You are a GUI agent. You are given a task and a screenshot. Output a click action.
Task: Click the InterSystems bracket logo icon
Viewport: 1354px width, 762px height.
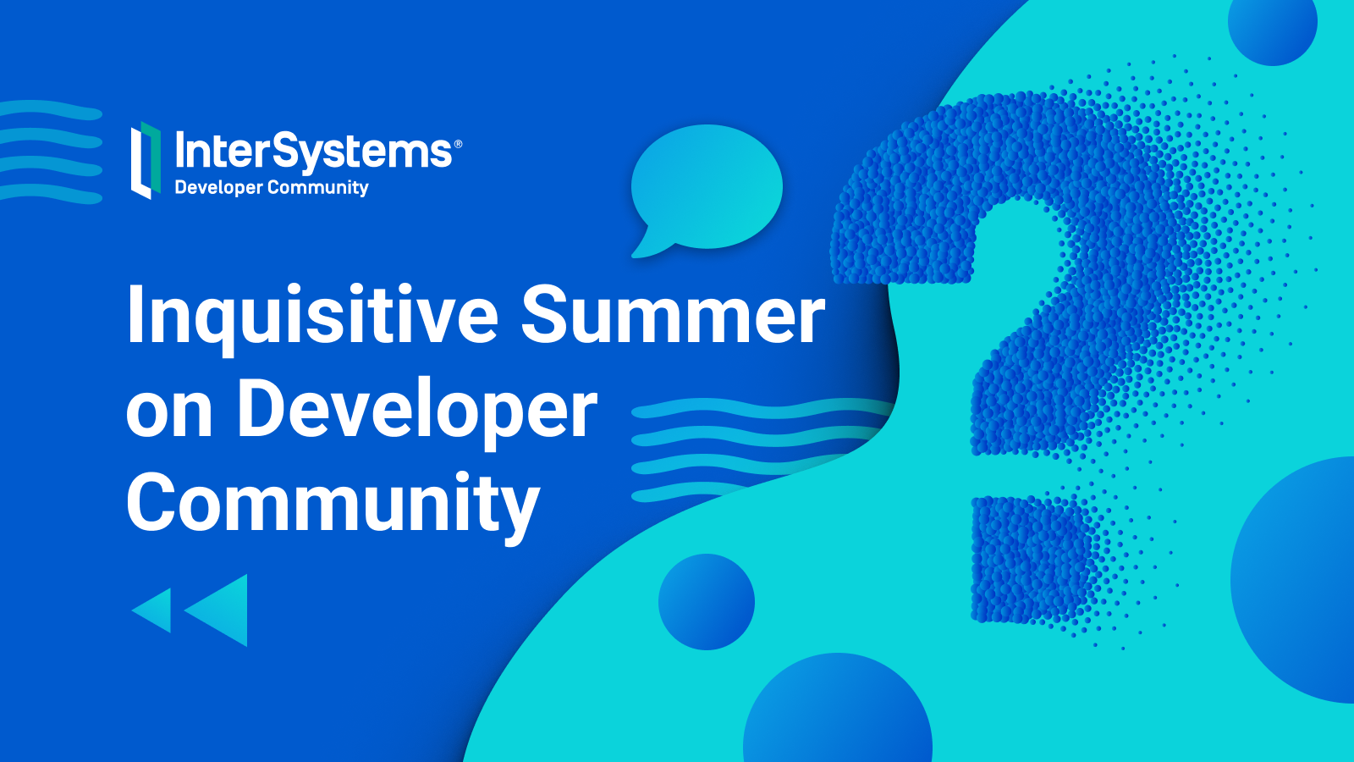tap(146, 160)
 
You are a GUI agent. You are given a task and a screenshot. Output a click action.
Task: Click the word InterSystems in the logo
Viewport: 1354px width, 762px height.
tap(313, 151)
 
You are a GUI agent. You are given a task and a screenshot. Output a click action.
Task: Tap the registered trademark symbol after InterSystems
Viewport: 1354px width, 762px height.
tap(458, 144)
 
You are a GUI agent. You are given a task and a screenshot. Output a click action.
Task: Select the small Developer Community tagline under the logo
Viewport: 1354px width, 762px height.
tap(272, 187)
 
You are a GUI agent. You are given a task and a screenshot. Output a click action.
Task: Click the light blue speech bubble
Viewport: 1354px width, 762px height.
tap(707, 189)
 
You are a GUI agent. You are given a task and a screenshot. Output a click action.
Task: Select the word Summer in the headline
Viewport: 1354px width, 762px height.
tap(673, 314)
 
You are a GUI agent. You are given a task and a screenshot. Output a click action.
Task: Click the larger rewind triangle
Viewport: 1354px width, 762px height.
tap(217, 610)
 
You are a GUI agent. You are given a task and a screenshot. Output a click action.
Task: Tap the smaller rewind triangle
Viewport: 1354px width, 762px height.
tap(153, 610)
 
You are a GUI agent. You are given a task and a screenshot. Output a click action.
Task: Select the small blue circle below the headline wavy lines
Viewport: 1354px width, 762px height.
tap(707, 602)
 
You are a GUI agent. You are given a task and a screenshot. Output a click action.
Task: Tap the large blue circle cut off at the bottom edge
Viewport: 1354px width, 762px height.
tap(838, 709)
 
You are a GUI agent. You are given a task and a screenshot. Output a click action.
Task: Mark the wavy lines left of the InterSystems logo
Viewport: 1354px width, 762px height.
tap(50, 152)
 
